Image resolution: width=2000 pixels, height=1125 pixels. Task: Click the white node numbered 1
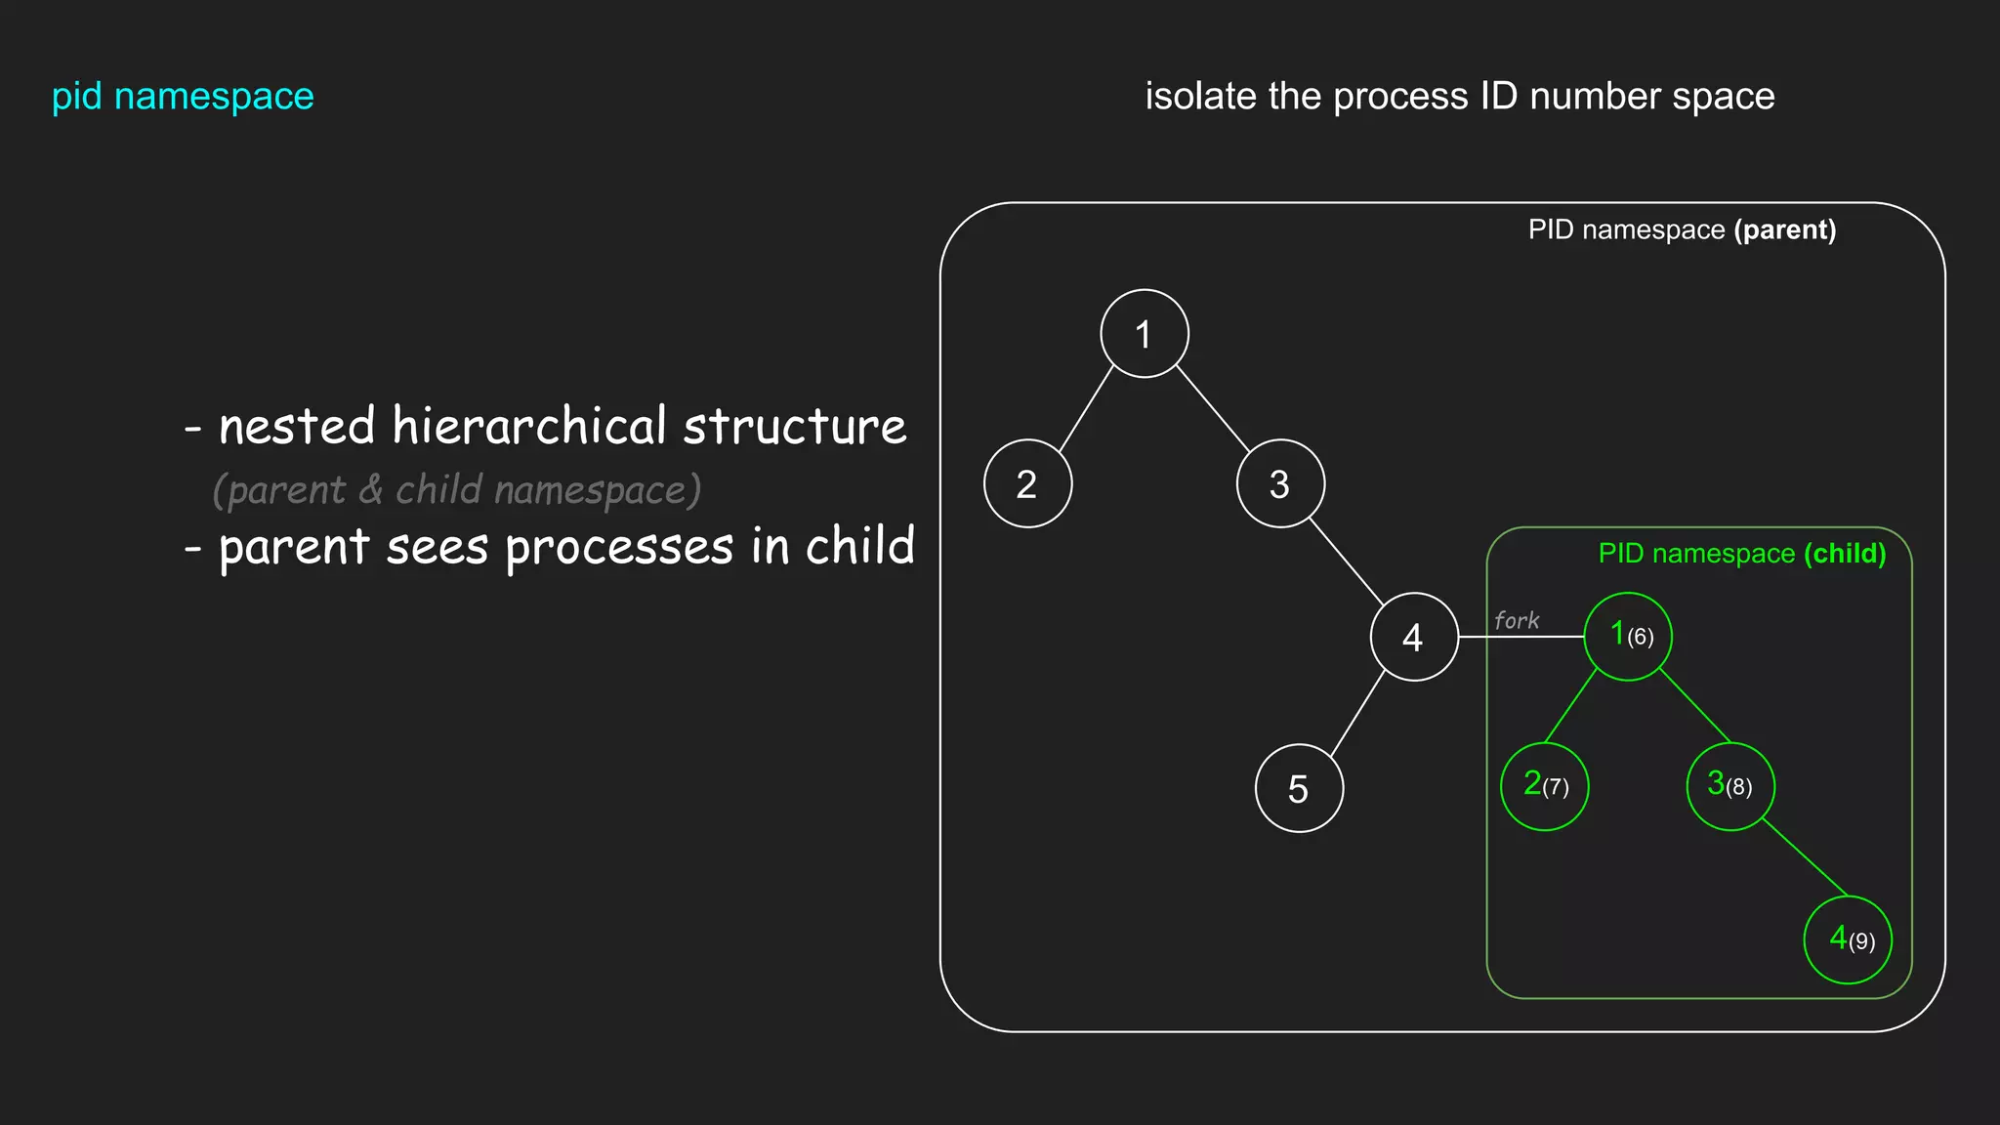click(x=1144, y=334)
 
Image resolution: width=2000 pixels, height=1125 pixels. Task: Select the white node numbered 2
click(x=1027, y=484)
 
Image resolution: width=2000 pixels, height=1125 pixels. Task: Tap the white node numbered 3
click(x=1280, y=484)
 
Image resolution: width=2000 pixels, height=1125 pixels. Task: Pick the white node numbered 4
click(x=1414, y=637)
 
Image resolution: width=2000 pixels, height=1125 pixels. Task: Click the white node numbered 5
click(x=1299, y=788)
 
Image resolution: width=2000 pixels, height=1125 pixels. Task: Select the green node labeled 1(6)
click(x=1628, y=637)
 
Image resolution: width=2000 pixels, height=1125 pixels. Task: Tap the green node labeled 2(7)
click(x=1544, y=787)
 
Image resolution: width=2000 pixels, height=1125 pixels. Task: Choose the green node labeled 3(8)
click(x=1730, y=787)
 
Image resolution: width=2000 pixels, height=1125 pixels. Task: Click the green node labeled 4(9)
click(x=1847, y=939)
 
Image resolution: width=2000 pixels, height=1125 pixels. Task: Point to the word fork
click(x=1516, y=621)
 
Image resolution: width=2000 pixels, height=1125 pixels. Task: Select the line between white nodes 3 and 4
click(x=1346, y=561)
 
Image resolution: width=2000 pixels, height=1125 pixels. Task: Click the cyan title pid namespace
click(x=183, y=97)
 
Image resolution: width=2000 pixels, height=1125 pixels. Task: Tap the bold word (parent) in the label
click(x=1784, y=230)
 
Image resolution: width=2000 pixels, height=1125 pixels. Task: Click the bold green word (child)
click(x=1844, y=554)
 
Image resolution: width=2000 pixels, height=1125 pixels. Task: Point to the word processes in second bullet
click(x=618, y=548)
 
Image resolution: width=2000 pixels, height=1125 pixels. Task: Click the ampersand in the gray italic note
click(x=370, y=489)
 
